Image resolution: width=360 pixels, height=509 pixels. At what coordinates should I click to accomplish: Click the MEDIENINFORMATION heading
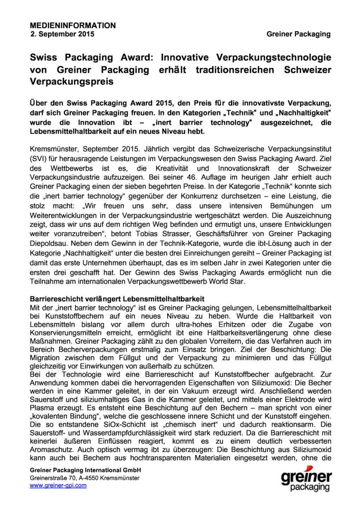pyautogui.click(x=73, y=25)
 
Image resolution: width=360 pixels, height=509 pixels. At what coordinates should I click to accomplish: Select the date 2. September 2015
pyautogui.click(x=62, y=34)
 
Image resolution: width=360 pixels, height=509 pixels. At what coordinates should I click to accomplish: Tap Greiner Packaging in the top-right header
pyautogui.click(x=298, y=34)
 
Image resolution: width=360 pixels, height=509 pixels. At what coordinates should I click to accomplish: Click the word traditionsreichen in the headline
pyautogui.click(x=235, y=70)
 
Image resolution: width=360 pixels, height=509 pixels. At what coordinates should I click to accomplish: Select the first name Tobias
pyautogui.click(x=147, y=234)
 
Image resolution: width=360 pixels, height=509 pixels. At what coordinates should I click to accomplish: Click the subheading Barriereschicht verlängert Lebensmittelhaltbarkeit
pyautogui.click(x=117, y=299)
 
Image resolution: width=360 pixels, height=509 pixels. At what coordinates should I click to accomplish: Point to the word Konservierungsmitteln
pyautogui.click(x=65, y=333)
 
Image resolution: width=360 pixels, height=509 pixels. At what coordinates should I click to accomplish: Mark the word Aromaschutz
pyautogui.click(x=52, y=450)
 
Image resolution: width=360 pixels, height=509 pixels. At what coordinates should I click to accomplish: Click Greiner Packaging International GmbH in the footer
pyautogui.click(x=85, y=470)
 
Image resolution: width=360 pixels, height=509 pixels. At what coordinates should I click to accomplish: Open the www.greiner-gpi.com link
pyautogui.click(x=58, y=486)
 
